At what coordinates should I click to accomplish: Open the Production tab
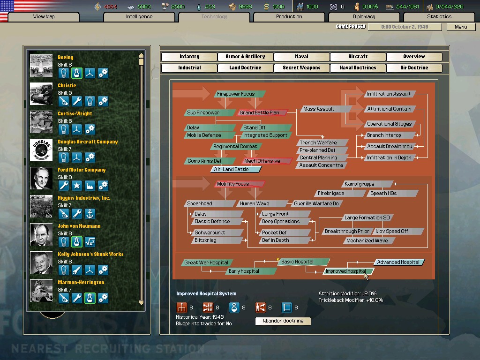tap(289, 16)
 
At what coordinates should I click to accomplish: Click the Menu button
tap(461, 27)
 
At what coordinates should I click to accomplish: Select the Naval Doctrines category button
tap(358, 67)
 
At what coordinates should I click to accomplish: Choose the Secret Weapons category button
tap(301, 67)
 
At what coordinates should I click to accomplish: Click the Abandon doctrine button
tap(283, 321)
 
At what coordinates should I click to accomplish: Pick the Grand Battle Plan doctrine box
tap(262, 112)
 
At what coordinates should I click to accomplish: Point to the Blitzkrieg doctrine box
tap(218, 240)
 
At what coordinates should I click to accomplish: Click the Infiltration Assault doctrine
tap(390, 94)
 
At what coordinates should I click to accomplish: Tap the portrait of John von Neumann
tap(41, 234)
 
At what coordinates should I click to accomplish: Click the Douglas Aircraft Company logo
tap(41, 150)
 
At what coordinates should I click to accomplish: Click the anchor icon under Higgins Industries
tap(90, 214)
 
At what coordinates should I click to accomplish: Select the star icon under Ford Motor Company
tap(76, 186)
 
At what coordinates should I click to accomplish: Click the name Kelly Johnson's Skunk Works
tap(90, 254)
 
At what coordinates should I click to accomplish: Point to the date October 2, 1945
tap(405, 27)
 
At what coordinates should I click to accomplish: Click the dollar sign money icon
tap(266, 7)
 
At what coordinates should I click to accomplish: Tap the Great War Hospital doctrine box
tap(207, 262)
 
